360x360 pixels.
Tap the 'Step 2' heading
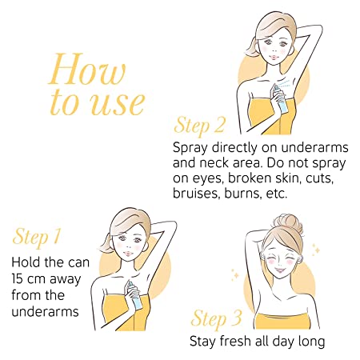(200, 126)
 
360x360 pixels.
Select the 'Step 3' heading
(217, 318)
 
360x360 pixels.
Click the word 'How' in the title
(87, 69)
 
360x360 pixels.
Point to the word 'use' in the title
(118, 103)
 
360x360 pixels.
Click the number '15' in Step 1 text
(17, 279)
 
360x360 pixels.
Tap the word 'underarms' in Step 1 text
(45, 311)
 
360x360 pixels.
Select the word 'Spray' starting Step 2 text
(190, 148)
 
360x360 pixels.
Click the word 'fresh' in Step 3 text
(235, 341)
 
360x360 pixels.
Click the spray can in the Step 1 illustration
(135, 294)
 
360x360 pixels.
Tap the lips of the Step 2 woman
(273, 58)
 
